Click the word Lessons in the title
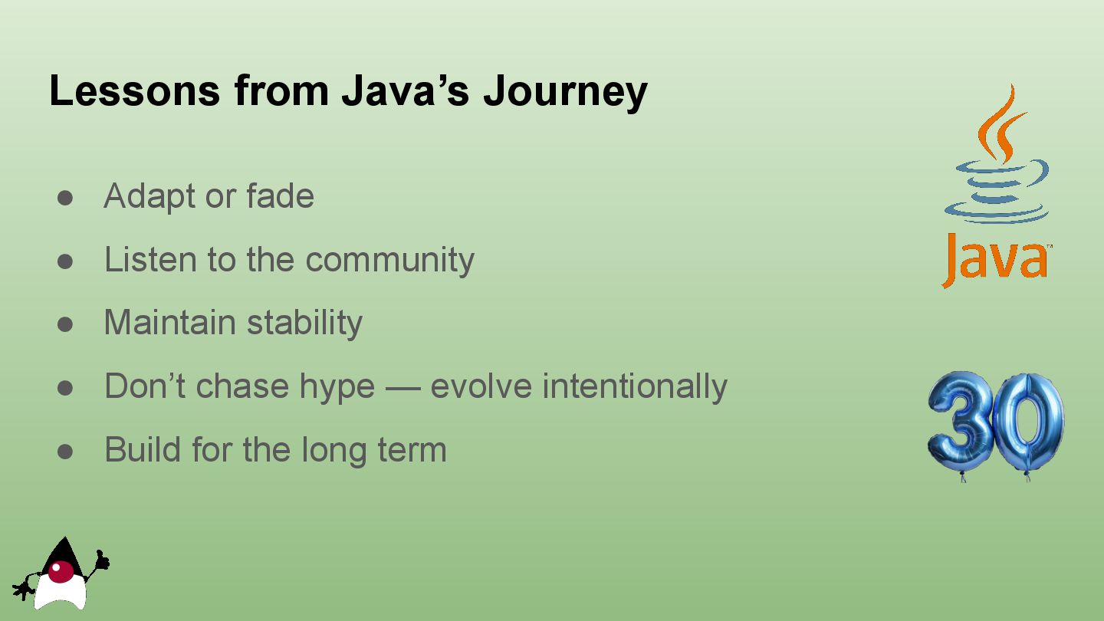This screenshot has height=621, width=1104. point(135,90)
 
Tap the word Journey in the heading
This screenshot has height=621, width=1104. point(565,93)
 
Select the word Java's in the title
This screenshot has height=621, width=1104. point(405,90)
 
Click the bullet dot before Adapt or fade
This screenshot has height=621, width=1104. point(65,198)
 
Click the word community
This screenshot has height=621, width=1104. point(389,260)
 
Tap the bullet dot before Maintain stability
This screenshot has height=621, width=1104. point(65,325)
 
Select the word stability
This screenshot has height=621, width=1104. point(304,324)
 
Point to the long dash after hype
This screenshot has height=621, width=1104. point(402,388)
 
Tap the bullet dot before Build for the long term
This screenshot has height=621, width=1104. point(65,452)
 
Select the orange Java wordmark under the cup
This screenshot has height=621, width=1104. point(996,261)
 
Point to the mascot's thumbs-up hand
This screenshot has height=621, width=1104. point(101,561)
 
